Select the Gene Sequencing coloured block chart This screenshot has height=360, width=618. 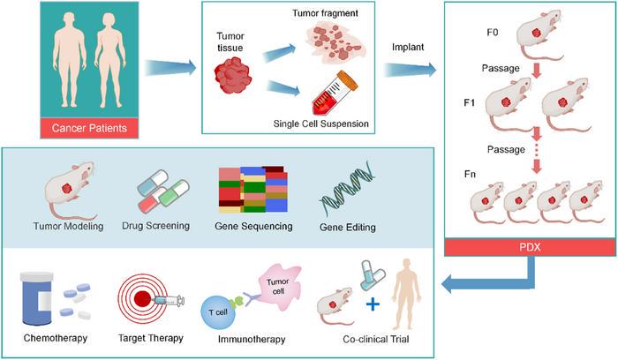coord(252,189)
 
